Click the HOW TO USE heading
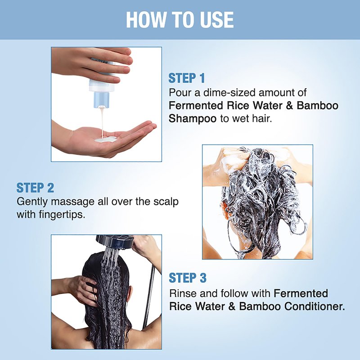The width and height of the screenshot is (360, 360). (x=180, y=20)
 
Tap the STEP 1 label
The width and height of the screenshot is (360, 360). (x=186, y=78)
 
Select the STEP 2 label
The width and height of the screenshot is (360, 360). (x=35, y=188)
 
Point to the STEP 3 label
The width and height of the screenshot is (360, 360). (x=188, y=278)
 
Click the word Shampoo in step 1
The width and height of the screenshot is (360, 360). (x=193, y=119)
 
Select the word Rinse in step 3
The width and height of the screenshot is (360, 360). (x=183, y=293)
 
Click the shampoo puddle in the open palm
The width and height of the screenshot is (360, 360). (x=106, y=139)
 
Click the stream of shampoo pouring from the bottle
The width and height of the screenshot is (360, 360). (x=102, y=121)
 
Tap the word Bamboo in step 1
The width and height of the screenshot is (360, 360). (x=317, y=105)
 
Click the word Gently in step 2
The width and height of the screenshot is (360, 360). (x=32, y=202)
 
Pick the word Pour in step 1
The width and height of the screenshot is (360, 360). (x=178, y=93)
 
